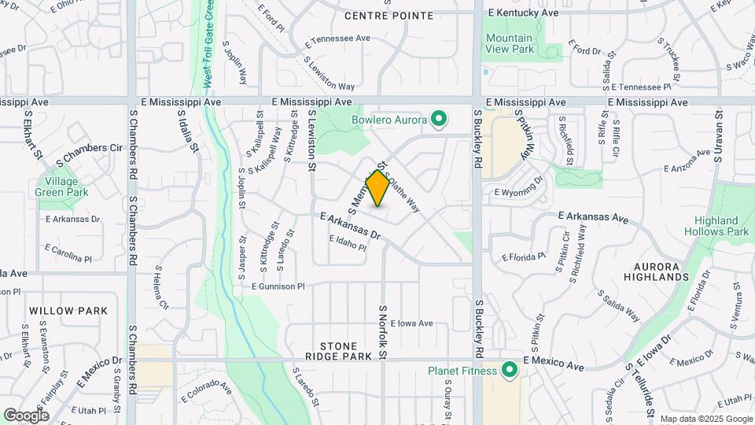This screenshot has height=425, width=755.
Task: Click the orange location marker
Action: point(378,188)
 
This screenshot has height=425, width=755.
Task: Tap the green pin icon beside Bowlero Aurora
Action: point(440,120)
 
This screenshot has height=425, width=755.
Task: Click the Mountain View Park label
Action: point(509,43)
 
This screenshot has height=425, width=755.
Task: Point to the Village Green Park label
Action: point(67,186)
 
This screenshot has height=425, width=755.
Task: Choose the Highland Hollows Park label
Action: point(716,226)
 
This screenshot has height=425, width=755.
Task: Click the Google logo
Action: point(26,415)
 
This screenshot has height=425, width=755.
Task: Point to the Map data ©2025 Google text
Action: point(705,419)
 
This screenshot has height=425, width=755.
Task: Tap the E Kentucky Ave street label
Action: point(523,13)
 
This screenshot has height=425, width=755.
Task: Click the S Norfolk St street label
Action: point(384,333)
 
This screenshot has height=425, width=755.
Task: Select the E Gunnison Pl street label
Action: point(278,287)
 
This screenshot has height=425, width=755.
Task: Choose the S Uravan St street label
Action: point(719,135)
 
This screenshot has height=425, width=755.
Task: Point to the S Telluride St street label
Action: point(639,391)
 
